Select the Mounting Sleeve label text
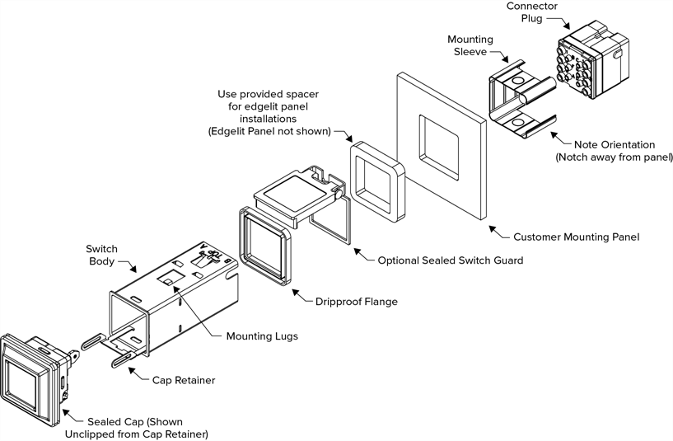471,46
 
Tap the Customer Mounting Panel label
576,237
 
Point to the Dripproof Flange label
356,302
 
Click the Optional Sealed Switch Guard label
450,260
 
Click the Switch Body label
102,256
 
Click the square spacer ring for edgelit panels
376,181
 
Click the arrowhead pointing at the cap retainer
131,371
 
